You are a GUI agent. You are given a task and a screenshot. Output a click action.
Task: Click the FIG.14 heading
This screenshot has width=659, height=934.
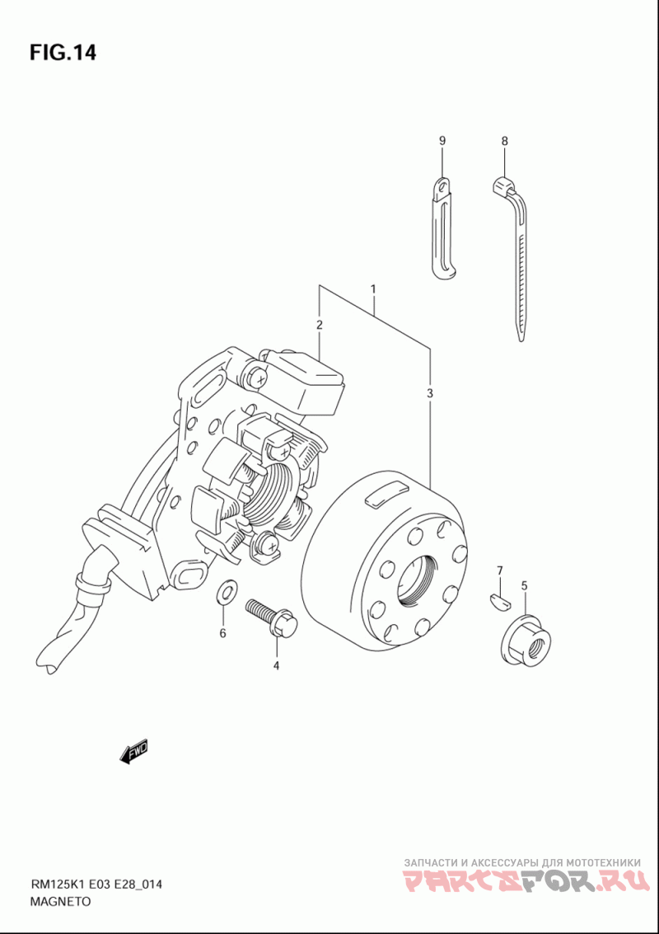tap(63, 53)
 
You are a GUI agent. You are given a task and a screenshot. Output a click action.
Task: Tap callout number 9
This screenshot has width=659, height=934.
tap(442, 142)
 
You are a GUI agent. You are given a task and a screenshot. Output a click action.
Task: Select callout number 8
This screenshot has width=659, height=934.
tap(504, 142)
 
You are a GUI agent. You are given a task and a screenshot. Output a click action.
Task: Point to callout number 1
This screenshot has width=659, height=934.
tap(373, 289)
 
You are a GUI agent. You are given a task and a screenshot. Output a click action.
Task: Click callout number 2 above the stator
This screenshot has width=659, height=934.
tap(318, 326)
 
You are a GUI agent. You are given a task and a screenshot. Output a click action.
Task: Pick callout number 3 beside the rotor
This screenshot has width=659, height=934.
tap(429, 395)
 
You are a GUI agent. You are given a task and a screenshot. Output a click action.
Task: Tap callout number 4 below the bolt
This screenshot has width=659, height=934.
tap(276, 665)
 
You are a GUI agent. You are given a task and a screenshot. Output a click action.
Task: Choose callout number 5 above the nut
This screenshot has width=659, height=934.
tap(525, 586)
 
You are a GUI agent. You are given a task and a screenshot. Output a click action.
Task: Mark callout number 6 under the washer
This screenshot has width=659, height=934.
tap(222, 633)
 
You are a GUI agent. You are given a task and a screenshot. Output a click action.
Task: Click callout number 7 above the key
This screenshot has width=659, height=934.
tap(499, 570)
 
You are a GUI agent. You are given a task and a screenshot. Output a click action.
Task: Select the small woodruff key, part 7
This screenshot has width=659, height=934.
tap(498, 599)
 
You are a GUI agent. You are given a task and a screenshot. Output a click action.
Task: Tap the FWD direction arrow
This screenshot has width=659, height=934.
tap(133, 752)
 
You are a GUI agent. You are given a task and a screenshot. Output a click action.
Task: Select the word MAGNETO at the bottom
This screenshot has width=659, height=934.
tap(60, 901)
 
